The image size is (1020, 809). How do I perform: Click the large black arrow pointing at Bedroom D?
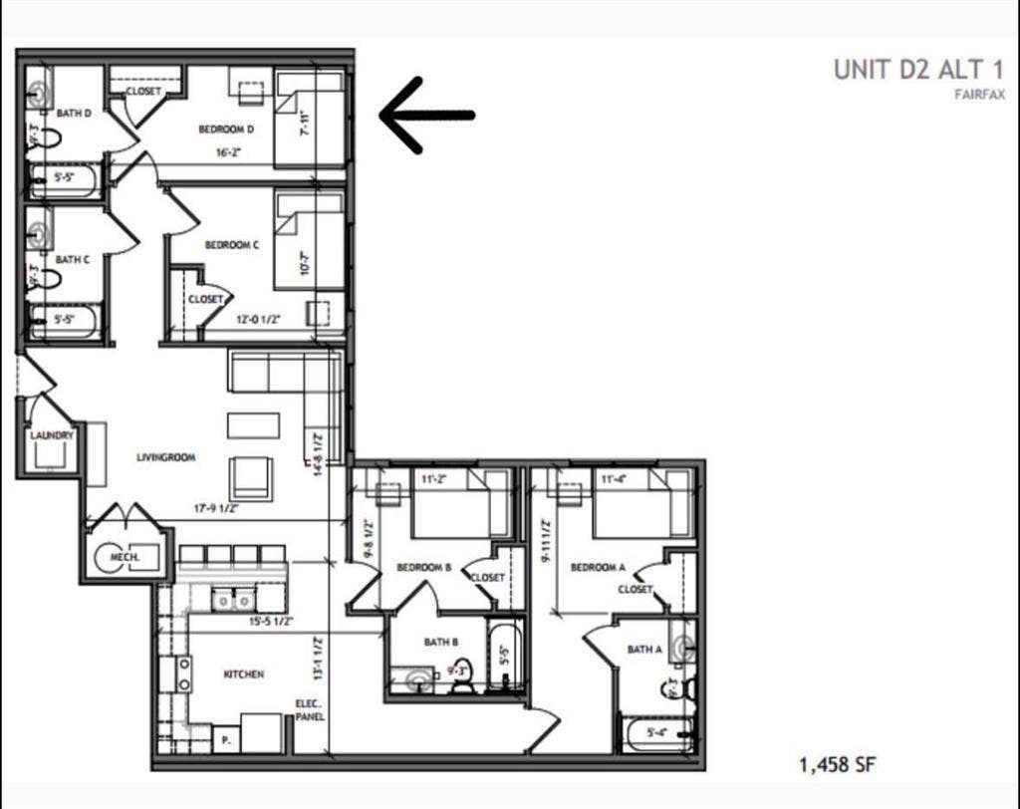click(x=426, y=115)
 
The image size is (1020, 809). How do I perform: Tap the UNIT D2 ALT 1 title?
click(x=918, y=70)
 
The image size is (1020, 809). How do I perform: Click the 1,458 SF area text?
click(x=837, y=765)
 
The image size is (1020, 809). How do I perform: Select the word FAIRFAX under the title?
click(x=980, y=95)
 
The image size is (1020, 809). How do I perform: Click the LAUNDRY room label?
click(x=52, y=435)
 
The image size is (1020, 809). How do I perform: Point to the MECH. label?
click(x=125, y=557)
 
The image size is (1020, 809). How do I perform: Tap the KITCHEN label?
click(x=243, y=674)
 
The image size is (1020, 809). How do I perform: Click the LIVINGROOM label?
click(x=165, y=457)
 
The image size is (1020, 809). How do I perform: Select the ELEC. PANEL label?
click(x=308, y=709)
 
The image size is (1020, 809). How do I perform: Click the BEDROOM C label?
click(x=232, y=245)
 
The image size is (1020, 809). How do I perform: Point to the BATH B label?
click(x=440, y=642)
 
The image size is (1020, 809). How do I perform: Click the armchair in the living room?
click(x=250, y=477)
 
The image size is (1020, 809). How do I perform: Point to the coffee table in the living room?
click(x=253, y=425)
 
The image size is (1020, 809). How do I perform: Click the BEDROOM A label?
click(x=598, y=568)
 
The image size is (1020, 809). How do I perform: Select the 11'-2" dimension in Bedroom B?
click(x=434, y=479)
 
